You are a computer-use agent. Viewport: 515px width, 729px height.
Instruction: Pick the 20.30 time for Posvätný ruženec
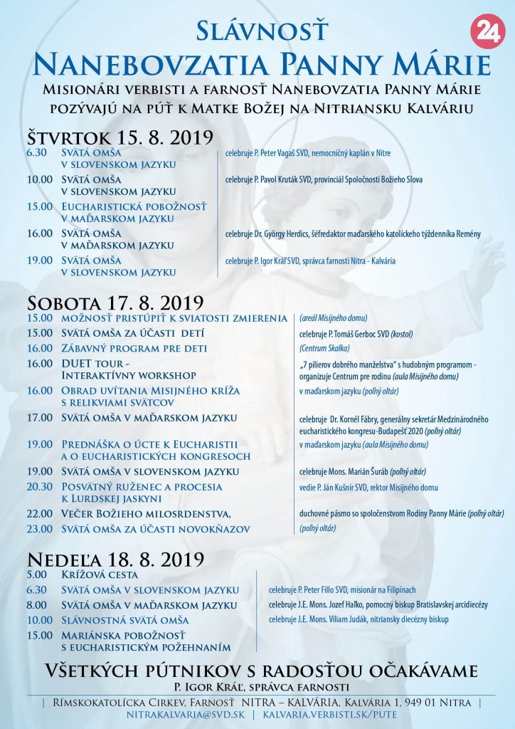click(39, 487)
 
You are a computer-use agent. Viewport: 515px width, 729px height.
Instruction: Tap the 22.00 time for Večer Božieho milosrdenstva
click(39, 513)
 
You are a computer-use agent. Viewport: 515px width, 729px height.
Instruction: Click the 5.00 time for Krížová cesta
click(36, 575)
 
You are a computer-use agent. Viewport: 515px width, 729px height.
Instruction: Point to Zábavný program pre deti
click(134, 348)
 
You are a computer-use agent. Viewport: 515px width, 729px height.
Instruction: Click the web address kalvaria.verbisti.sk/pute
click(329, 714)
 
